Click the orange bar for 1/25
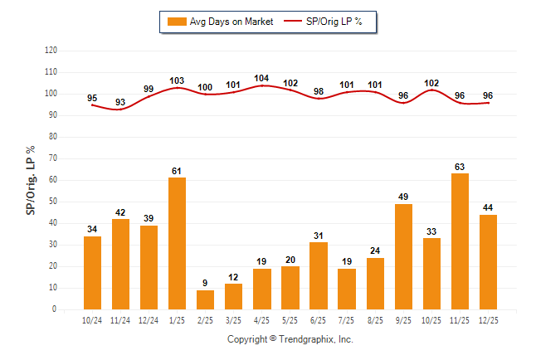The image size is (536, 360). point(177,243)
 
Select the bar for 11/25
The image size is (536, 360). point(460,241)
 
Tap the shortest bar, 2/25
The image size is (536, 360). point(205,299)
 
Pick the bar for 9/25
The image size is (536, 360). point(403,256)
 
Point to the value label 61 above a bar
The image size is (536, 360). point(177,171)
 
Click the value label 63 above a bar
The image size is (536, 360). point(460,167)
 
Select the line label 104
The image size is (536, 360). point(261,79)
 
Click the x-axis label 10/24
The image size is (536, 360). point(92,321)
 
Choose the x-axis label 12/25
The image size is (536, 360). point(488,321)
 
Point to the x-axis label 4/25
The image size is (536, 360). point(261,321)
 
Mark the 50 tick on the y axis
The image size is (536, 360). point(52,202)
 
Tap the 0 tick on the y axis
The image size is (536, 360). point(55,309)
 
